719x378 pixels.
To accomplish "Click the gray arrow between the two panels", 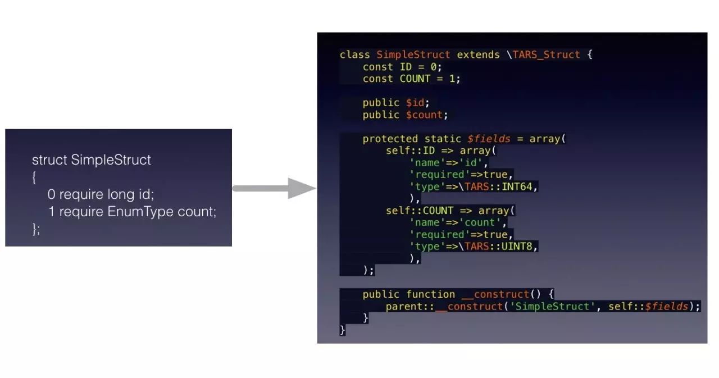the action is [275, 188].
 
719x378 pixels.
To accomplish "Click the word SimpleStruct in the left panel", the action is [111, 160].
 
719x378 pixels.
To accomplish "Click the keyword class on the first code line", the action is [354, 54].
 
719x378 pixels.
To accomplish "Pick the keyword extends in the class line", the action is [478, 54].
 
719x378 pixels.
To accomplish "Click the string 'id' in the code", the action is [474, 163].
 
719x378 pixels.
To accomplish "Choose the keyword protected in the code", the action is [390, 139].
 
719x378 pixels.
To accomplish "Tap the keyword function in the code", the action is [430, 294].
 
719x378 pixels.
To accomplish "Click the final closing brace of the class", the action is [343, 330].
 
